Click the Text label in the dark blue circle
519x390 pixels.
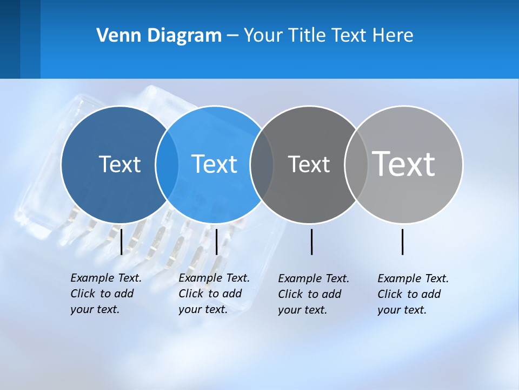pos(119,164)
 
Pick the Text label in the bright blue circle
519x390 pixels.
pos(214,164)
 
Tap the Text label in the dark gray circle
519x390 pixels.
pos(309,164)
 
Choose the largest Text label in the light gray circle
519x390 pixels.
pos(403,164)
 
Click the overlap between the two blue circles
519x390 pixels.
pos(167,164)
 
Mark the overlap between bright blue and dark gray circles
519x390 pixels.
pos(262,164)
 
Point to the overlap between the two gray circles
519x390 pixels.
pos(356,164)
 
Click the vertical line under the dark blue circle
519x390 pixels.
pos(121,242)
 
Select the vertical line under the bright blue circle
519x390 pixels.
pos(216,242)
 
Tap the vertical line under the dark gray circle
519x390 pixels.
pos(311,242)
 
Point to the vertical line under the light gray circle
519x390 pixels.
pos(402,242)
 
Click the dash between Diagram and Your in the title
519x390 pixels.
pos(232,36)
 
